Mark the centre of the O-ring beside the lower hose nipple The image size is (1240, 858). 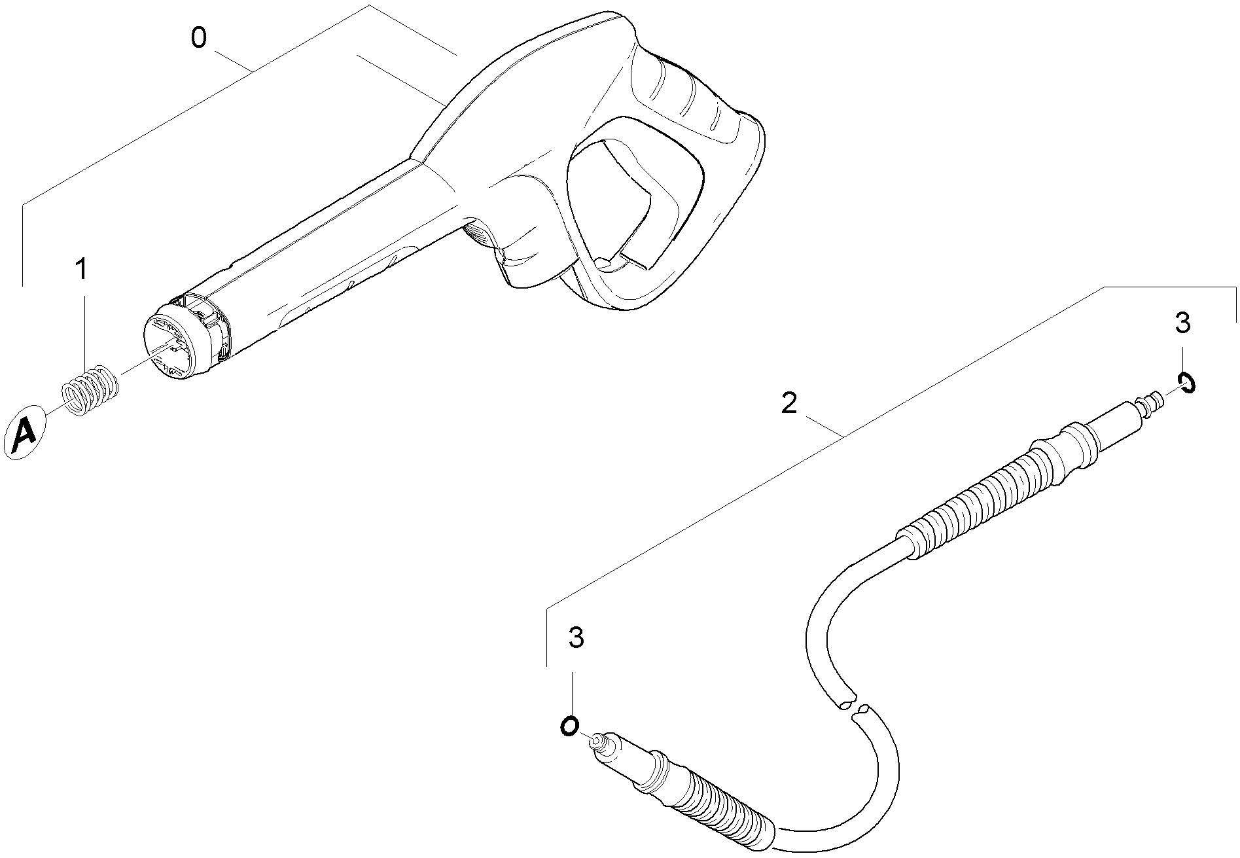click(x=569, y=725)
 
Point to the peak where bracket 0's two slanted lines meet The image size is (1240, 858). click(x=370, y=5)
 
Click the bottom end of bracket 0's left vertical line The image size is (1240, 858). click(x=23, y=286)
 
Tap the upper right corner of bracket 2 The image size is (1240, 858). click(x=1235, y=287)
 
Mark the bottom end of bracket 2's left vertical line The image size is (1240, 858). click(x=546, y=666)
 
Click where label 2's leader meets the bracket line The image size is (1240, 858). click(x=842, y=437)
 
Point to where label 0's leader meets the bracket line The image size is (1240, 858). click(x=253, y=70)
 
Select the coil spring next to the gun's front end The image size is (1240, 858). click(x=90, y=390)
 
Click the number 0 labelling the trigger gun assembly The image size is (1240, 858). click(x=199, y=38)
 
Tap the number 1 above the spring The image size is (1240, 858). click(x=82, y=269)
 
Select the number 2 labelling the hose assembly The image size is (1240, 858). click(x=790, y=403)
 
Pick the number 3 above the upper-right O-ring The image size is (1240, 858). click(x=1182, y=323)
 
